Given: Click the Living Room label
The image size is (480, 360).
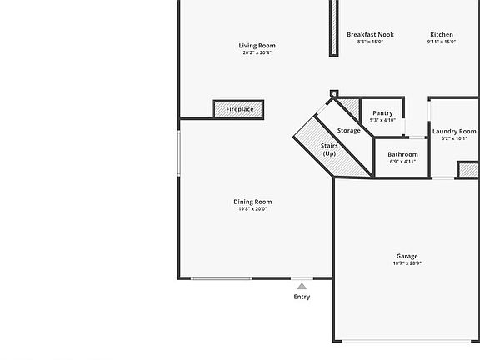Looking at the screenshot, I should point(257,46).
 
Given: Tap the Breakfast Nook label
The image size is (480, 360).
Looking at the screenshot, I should point(370,35).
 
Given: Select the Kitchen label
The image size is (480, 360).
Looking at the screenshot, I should point(442,35).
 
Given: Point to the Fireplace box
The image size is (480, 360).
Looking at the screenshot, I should point(239,109).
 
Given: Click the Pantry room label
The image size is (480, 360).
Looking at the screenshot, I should point(382,113).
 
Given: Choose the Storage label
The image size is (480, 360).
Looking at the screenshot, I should point(349,131).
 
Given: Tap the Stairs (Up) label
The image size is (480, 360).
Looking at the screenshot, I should point(329,150).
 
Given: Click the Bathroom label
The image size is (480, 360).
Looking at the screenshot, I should point(402,154).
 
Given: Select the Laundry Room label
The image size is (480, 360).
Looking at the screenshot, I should point(454,132).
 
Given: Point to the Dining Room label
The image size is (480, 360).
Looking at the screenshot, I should point(252,202).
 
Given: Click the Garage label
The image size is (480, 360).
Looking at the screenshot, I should point(407,257).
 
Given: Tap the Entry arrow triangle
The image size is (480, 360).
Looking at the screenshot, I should point(302,286).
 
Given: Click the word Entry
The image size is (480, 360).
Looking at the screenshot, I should point(302,297).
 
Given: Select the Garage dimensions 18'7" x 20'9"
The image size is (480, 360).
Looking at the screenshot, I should point(407,263).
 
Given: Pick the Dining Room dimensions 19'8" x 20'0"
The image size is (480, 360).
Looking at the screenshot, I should point(252,208).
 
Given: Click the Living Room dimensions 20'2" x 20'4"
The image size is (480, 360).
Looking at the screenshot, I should point(257,52).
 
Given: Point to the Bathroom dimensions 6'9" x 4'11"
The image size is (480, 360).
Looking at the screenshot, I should point(402,162).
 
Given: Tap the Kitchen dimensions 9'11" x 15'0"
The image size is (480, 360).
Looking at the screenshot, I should point(442,42).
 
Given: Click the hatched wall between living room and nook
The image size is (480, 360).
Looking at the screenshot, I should point(334,27).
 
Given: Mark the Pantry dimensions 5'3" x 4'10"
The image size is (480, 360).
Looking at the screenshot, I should point(382,120).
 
